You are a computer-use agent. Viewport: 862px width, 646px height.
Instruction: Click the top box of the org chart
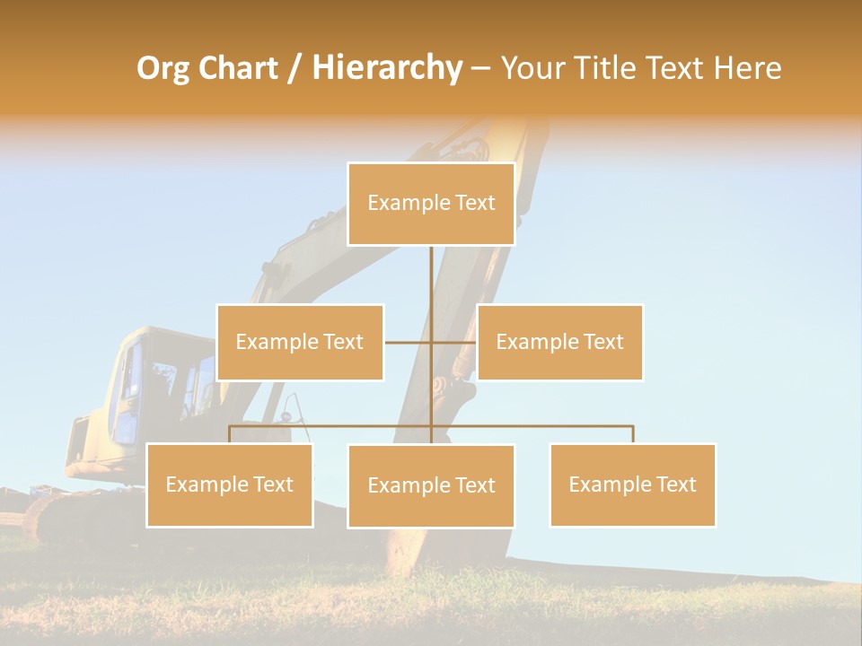[431, 204]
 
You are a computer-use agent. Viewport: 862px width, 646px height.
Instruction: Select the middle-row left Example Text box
[300, 342]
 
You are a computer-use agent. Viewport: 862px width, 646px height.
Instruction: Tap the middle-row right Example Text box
[559, 342]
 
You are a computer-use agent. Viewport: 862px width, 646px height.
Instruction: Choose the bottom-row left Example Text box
[229, 485]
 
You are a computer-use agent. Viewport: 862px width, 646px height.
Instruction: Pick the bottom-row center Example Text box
[431, 486]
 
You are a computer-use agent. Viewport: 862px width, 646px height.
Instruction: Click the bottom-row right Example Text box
[632, 485]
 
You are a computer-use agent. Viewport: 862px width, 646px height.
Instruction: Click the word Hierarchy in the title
[386, 68]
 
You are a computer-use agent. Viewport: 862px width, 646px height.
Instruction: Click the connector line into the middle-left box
[408, 342]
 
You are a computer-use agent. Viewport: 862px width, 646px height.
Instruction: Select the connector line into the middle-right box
[454, 342]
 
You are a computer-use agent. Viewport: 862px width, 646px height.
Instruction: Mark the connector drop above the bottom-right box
[633, 434]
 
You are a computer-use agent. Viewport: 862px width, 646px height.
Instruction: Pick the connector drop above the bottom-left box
[230, 434]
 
